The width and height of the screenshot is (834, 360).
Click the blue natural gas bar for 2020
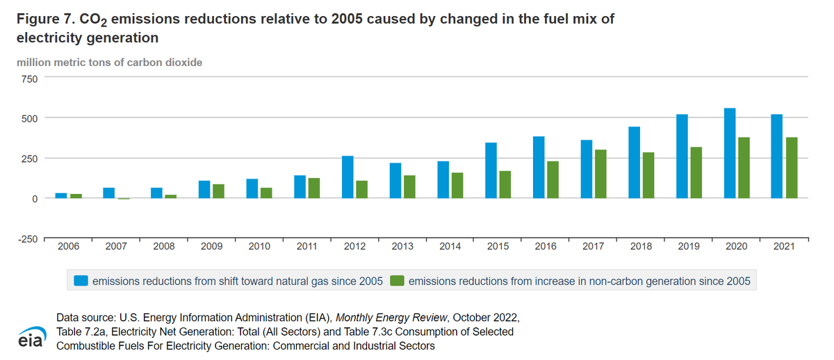(730, 153)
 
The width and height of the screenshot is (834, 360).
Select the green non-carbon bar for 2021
(792, 167)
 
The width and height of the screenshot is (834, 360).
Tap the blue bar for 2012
(347, 177)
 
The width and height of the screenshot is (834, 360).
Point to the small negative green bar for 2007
(124, 199)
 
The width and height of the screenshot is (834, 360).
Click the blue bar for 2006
(61, 195)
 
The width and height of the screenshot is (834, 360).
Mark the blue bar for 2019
(682, 156)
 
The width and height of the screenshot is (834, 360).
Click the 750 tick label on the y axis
(28, 79)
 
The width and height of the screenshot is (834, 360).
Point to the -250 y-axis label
(26, 240)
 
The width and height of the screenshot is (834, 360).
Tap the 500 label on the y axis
(28, 118)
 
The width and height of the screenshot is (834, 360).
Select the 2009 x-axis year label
(212, 247)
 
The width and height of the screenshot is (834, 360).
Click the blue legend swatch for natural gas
(82, 281)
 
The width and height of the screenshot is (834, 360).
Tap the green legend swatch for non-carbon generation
(398, 281)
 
